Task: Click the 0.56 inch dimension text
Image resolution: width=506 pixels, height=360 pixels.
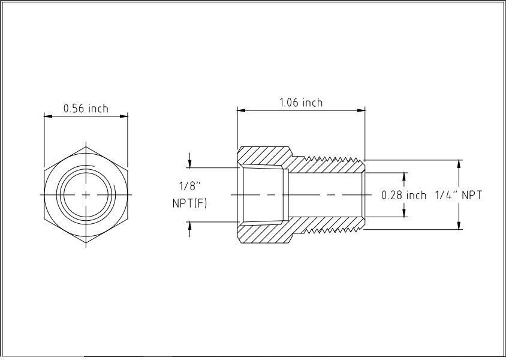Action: [x=86, y=109]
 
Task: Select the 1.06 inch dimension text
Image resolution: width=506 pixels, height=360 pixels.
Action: [x=300, y=103]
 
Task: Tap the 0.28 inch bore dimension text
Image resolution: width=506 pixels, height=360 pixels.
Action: [x=404, y=196]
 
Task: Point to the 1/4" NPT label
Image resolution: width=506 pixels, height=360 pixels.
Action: [x=457, y=195]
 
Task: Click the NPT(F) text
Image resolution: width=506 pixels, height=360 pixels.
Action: [x=189, y=203]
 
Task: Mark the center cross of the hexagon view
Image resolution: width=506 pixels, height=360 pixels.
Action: [x=86, y=194]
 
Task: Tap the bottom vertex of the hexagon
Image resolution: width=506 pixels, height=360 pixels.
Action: [x=86, y=244]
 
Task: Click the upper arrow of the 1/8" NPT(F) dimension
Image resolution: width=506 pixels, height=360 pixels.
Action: [x=190, y=164]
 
